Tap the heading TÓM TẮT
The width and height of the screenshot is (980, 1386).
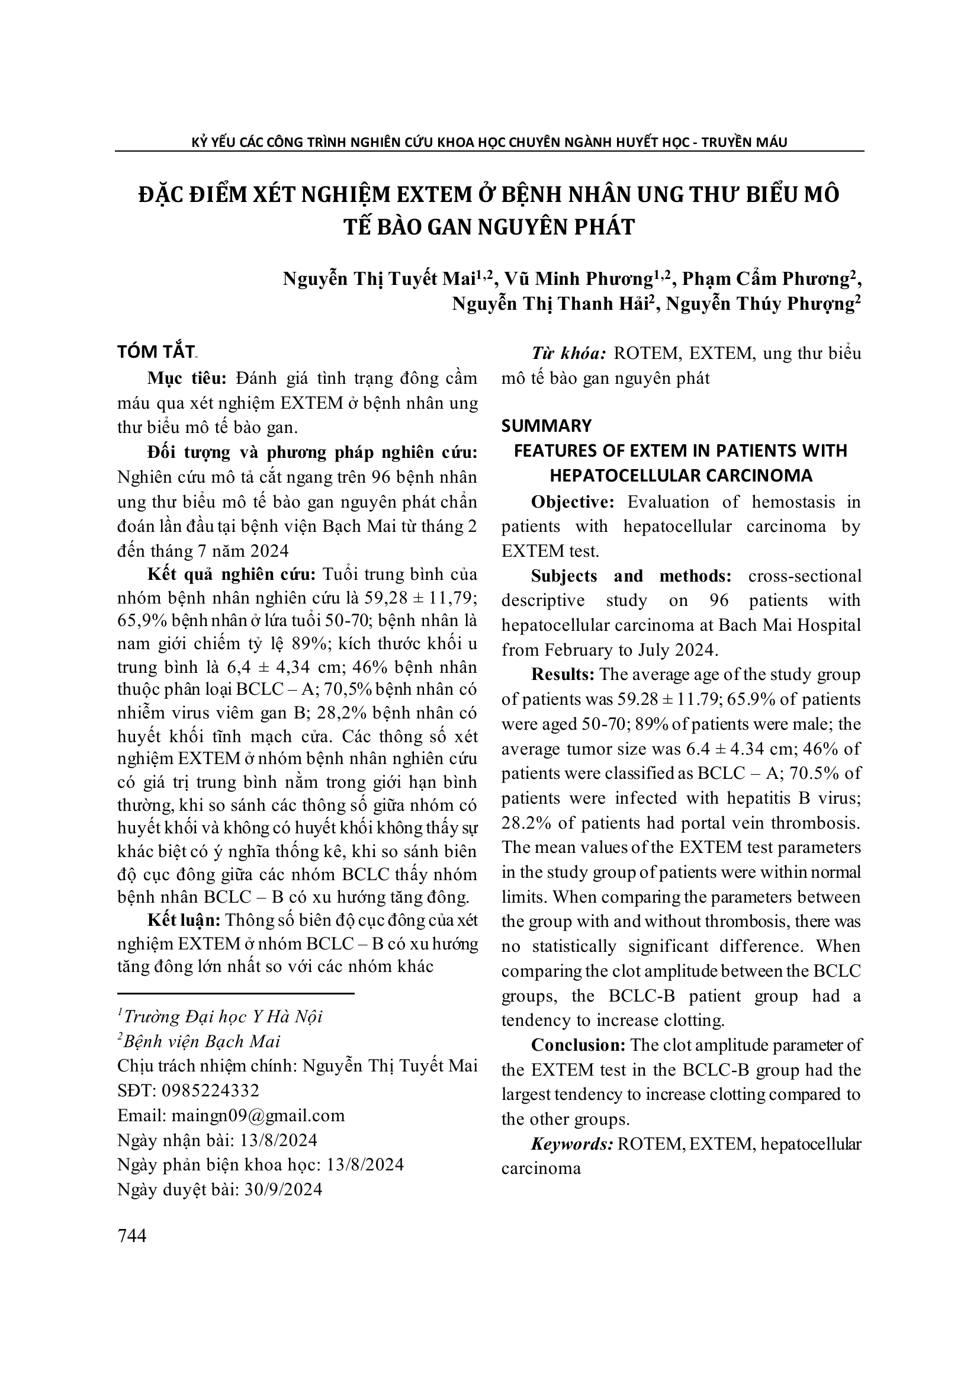[156, 352]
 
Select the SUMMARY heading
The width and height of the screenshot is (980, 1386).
[547, 426]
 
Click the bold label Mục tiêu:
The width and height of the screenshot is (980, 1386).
[187, 378]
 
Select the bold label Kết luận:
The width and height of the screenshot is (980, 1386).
[184, 920]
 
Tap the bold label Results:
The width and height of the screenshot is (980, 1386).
[563, 674]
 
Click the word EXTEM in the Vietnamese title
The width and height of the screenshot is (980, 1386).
[432, 194]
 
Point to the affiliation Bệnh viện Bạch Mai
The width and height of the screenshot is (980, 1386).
[201, 1041]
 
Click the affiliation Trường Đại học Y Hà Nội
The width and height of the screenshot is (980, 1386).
[223, 1016]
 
